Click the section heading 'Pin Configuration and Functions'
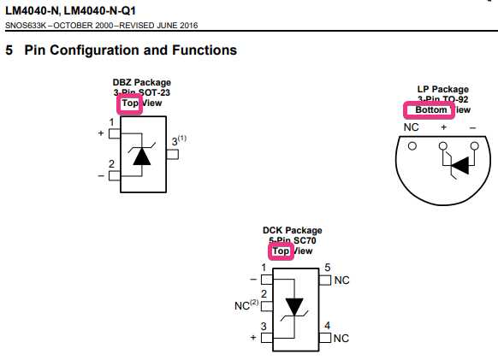tap(130, 50)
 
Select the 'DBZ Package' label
tap(141, 83)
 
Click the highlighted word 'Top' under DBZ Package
tap(129, 103)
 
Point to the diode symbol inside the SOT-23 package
tap(142, 155)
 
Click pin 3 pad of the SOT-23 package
tap(172, 155)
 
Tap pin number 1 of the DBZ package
tap(111, 123)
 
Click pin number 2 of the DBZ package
tap(111, 164)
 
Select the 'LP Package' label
tap(442, 89)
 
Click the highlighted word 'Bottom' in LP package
tap(425, 110)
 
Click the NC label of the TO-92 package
tap(412, 127)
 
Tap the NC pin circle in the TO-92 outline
tap(412, 145)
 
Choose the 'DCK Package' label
tap(292, 231)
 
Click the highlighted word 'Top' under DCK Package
tap(280, 251)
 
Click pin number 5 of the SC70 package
tap(327, 269)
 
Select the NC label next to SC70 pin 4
tap(341, 338)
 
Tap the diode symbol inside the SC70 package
tap(294, 307)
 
